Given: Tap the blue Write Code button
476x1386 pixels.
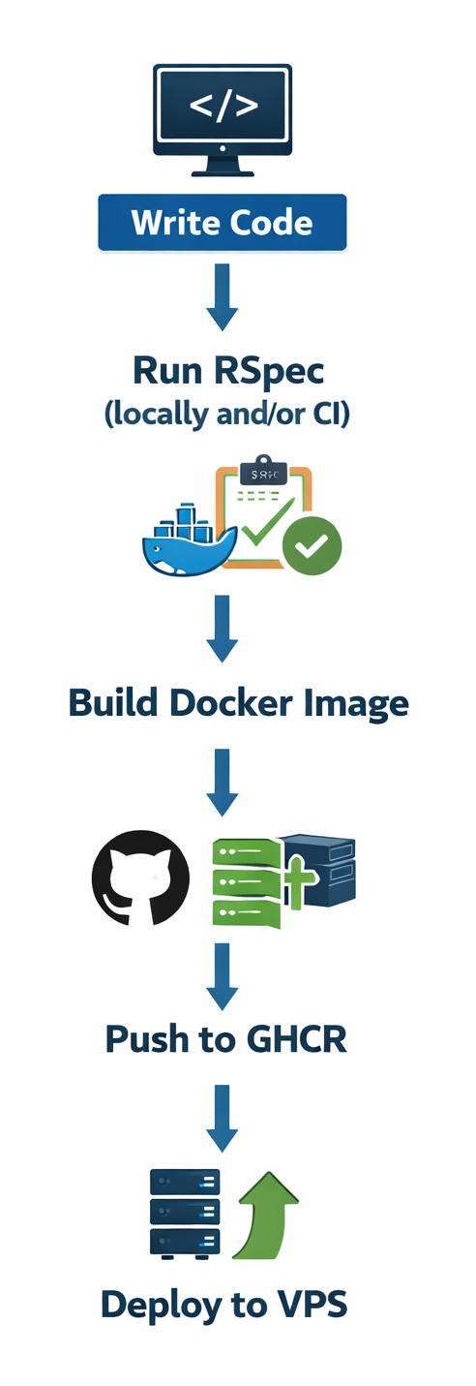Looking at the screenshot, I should click(223, 223).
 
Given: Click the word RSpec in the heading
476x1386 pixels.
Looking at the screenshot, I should click(270, 370).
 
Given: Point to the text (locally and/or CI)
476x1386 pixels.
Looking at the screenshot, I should click(226, 414).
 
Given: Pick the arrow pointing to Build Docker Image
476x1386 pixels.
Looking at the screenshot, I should click(223, 628).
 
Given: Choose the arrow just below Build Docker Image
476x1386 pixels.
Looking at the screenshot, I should click(223, 781).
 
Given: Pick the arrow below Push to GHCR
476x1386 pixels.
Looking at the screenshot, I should click(223, 1118).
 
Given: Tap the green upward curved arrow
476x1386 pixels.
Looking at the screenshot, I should click(263, 1215).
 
